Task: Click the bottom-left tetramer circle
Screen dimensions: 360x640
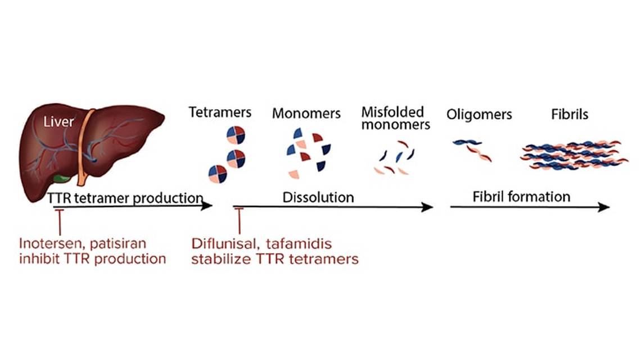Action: [x=218, y=174]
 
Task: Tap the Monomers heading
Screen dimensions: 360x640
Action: [x=307, y=113]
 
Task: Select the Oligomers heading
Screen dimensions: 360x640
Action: [x=479, y=115]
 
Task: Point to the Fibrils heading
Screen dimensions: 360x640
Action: [x=570, y=114]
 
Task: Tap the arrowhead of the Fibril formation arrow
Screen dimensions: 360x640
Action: [x=605, y=207]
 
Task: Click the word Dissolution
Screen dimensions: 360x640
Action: [x=318, y=197]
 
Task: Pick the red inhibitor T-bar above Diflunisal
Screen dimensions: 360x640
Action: [x=240, y=219]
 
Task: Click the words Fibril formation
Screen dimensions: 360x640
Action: [x=521, y=197]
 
